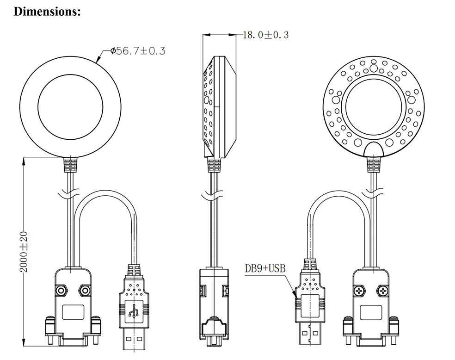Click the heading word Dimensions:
pos(48,12)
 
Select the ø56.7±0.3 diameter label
pos(137,50)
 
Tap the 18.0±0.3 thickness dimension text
pos(265,35)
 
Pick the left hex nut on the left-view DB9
pos(61,290)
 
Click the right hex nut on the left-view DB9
pos(85,290)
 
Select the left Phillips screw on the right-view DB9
pos(359,291)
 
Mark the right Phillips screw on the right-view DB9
pos(383,291)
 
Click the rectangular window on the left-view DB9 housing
pos(73,311)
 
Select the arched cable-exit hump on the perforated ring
pos(373,149)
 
